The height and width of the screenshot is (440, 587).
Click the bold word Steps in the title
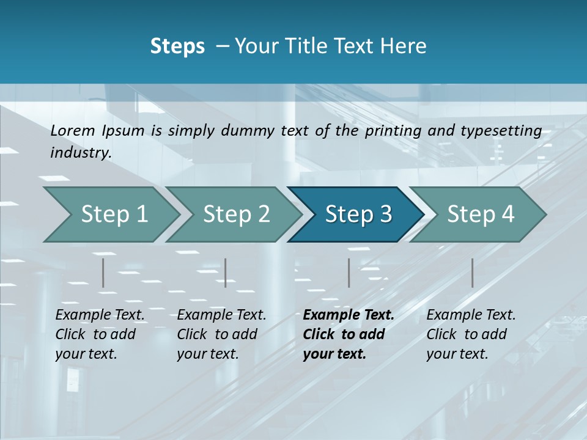pos(177,46)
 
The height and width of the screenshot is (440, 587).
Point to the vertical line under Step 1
pos(103,273)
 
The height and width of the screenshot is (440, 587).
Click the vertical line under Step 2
pos(226,273)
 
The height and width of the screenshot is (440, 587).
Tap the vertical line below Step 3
pos(349,273)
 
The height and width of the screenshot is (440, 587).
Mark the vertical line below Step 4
pos(472,273)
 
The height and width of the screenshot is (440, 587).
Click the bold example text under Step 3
pos(348,334)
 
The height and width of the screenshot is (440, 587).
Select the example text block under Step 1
pos(100,334)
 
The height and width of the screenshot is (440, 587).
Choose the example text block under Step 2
pos(221,334)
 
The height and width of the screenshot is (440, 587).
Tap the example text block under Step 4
pos(471,334)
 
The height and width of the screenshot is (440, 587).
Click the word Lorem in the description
pos(73,131)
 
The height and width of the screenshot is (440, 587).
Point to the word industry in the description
pos(80,153)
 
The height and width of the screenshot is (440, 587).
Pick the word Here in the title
pos(405,46)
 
